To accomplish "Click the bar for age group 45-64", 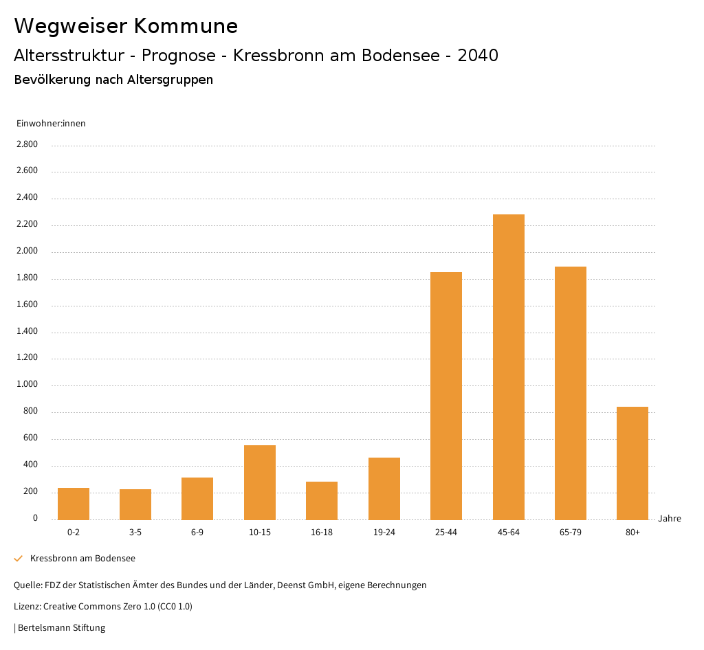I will click(508, 367).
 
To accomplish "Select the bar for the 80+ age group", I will click(632, 463).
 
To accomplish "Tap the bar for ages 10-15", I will click(260, 482).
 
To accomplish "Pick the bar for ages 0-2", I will click(74, 504).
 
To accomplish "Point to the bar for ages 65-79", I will click(571, 393).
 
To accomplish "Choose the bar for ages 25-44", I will click(446, 396).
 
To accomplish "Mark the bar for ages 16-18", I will click(322, 500).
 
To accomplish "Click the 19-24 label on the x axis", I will click(384, 533).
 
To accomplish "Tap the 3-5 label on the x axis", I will click(135, 533).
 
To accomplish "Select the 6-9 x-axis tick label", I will click(197, 533).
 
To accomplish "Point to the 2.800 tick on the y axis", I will click(27, 144).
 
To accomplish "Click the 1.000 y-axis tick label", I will click(27, 385).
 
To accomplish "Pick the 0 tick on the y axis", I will click(35, 518).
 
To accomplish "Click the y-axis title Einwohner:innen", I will click(51, 123).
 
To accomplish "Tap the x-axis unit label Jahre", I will click(669, 519).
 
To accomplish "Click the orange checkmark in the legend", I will click(19, 559).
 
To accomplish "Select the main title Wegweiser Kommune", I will click(126, 25).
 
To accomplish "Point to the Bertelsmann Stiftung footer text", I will click(61, 627).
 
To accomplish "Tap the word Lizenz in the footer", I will click(27, 607).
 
